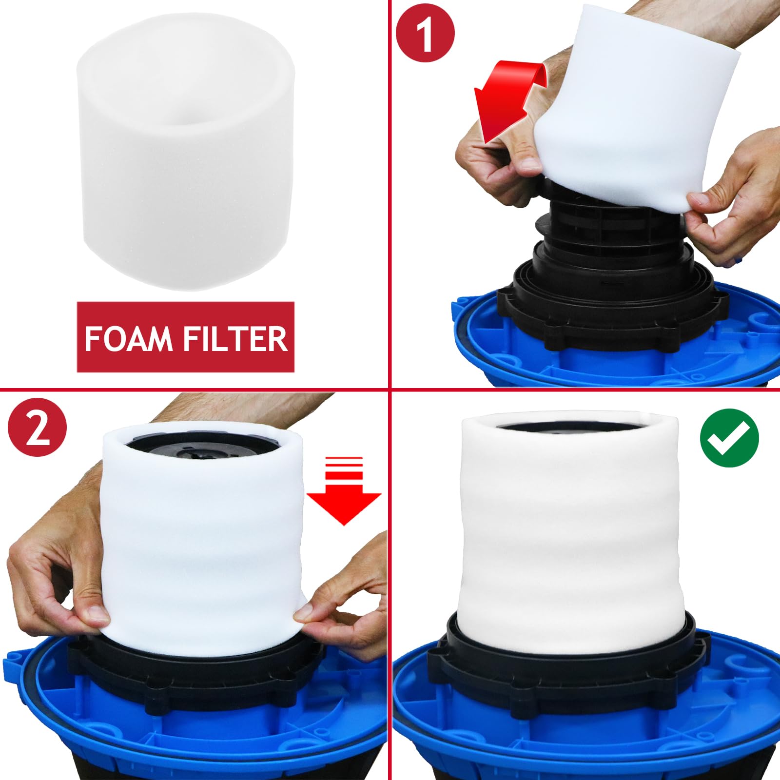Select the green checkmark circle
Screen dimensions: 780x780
coord(729,438)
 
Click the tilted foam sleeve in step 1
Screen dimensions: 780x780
coord(639,112)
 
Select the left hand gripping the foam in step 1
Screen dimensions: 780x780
coord(492,161)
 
